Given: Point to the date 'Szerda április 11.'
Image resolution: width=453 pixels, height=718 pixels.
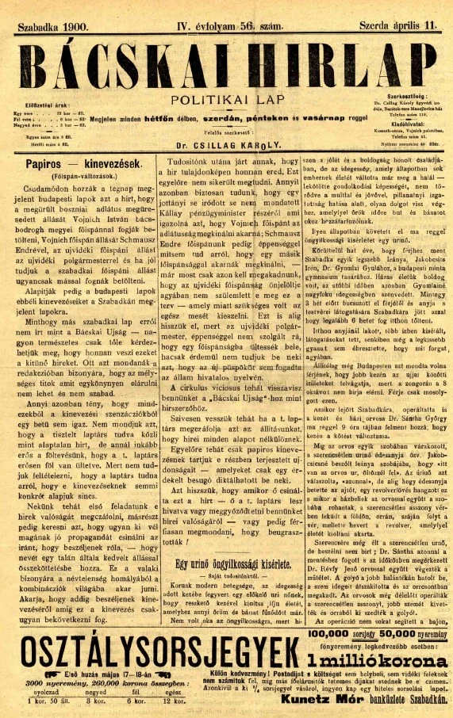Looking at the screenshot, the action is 398,26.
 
